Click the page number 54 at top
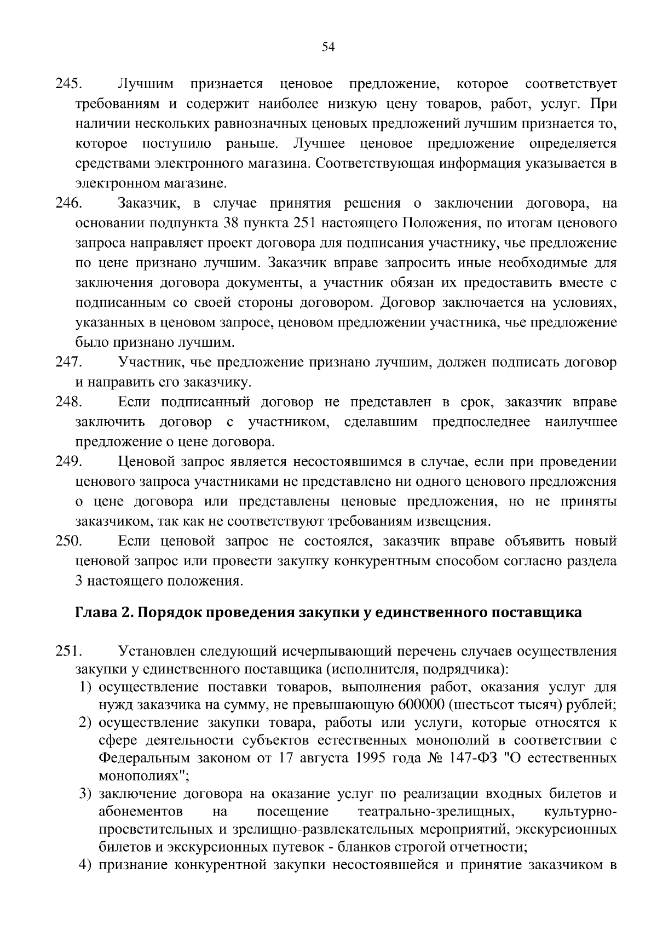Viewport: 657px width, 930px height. point(328,47)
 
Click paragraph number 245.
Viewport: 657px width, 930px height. point(68,84)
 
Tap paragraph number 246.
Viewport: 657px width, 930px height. point(68,204)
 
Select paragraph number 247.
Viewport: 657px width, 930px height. point(68,363)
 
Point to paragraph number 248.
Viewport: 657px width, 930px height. point(68,403)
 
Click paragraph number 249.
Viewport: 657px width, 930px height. point(68,462)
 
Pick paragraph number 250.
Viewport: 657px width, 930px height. point(68,542)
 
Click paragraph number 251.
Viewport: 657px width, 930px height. point(68,652)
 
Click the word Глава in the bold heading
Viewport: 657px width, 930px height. point(96,612)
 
